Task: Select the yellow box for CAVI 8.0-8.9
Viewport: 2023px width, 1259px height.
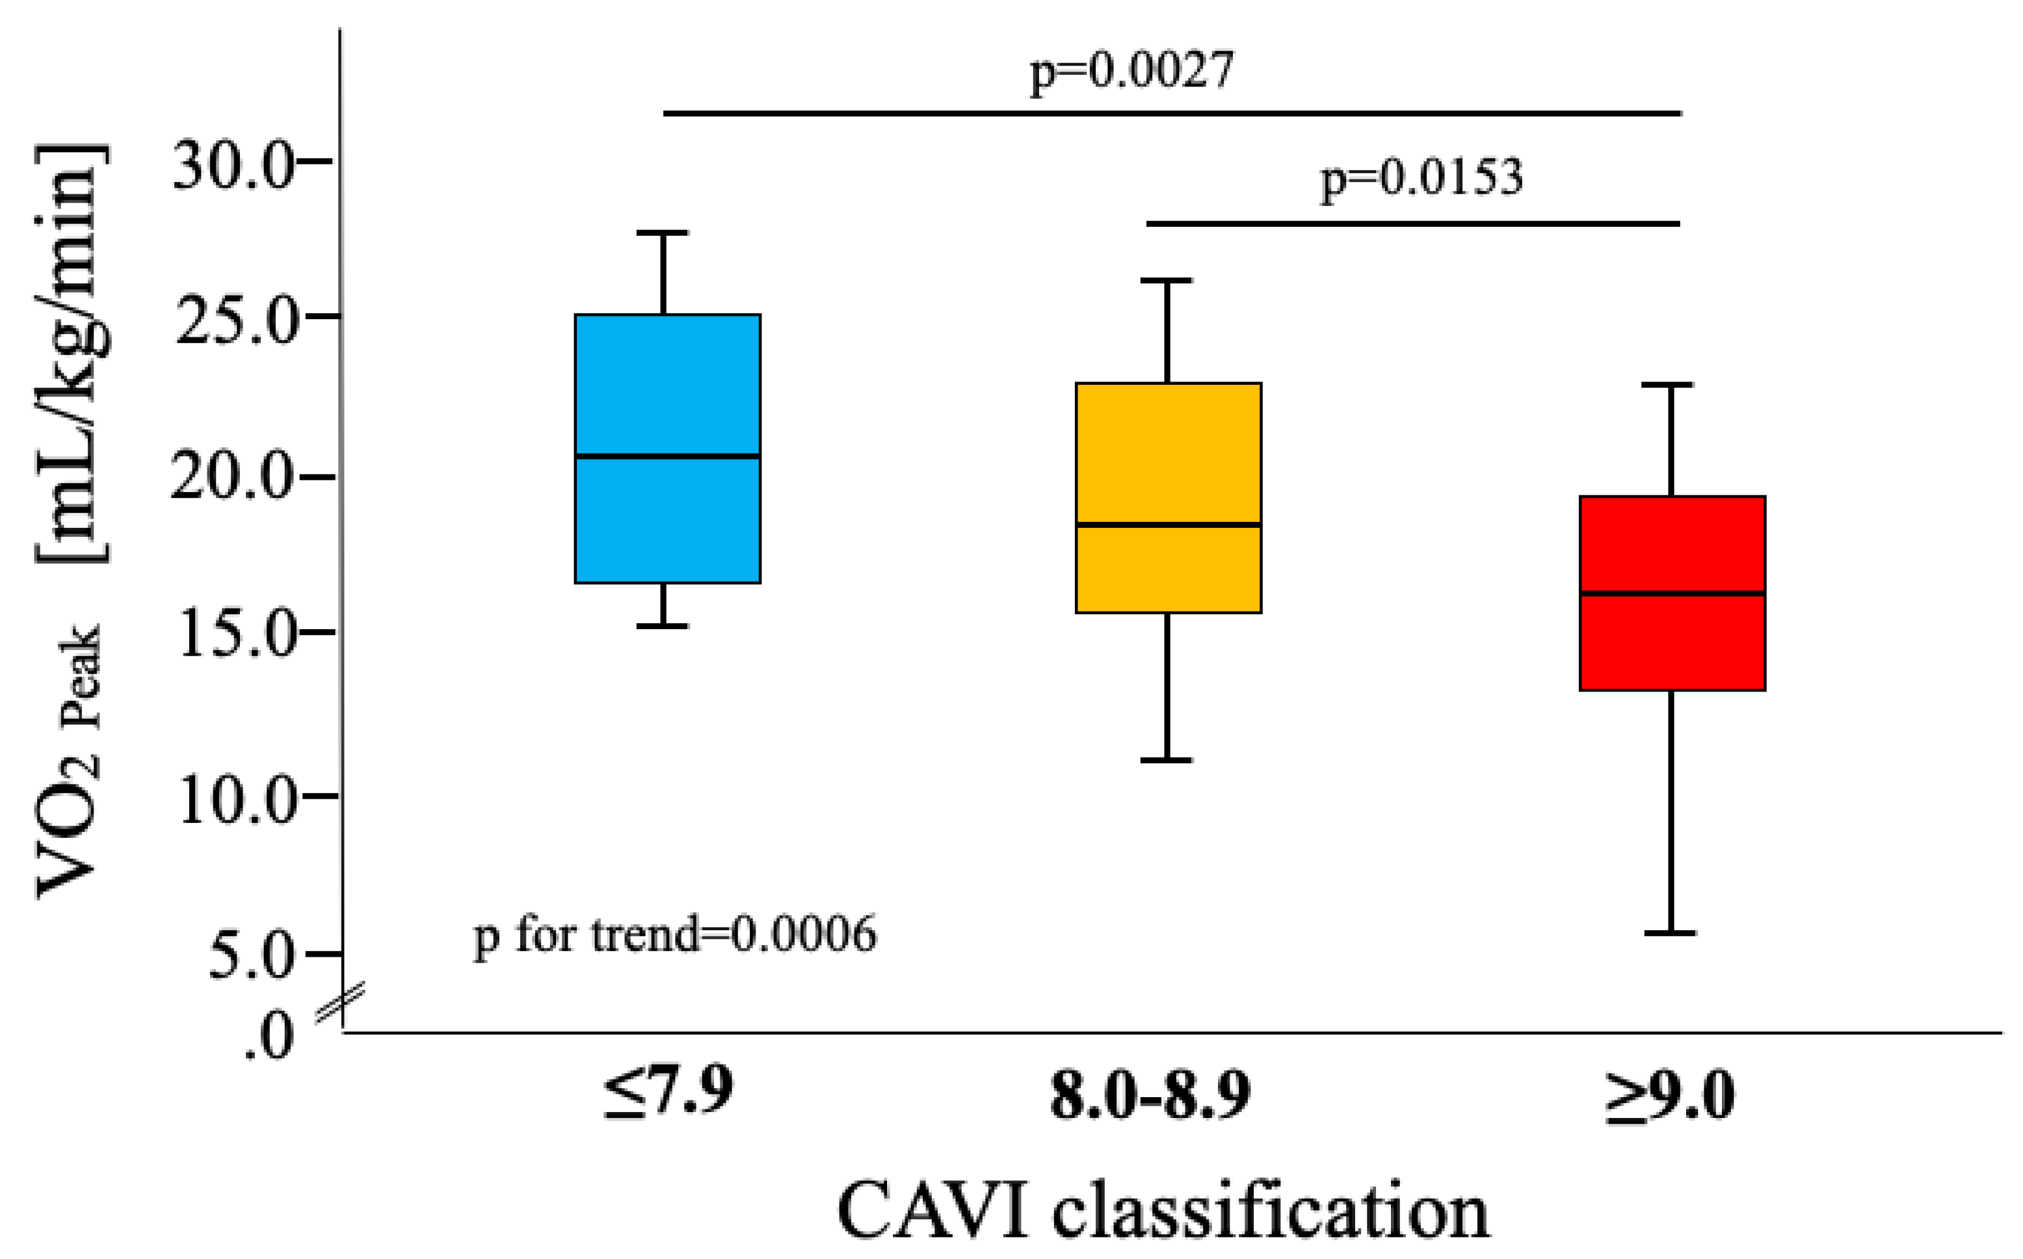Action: coord(1168,450)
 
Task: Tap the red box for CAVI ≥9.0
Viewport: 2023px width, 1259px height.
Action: coord(1673,641)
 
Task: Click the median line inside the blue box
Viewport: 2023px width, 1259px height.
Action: coord(667,456)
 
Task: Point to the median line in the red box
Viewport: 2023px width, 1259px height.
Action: coord(1673,593)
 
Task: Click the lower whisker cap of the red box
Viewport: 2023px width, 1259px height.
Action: coord(1670,933)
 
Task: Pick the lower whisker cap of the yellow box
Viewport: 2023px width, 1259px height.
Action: coord(1166,760)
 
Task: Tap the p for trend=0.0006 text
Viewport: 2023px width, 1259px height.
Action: coord(674,935)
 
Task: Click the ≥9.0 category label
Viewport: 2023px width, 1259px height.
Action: coord(1670,1096)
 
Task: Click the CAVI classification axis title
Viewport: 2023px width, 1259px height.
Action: coord(1163,1212)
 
